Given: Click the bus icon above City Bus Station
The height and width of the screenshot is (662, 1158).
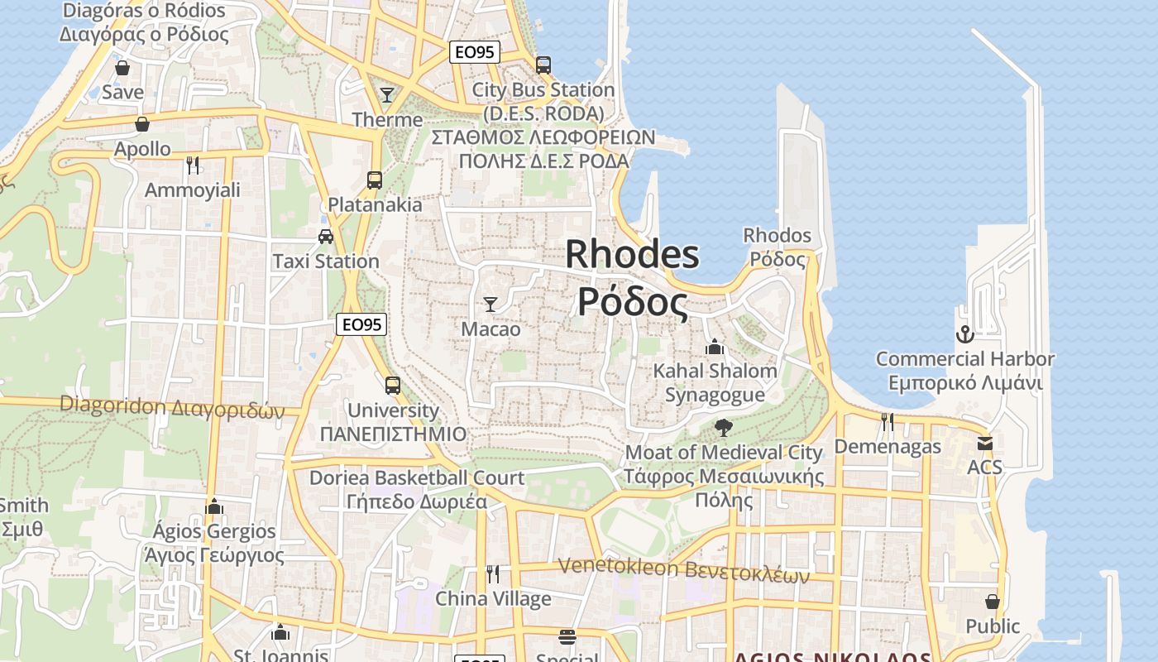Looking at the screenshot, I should point(543,65).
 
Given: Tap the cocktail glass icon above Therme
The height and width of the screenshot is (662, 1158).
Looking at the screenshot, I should point(386,94).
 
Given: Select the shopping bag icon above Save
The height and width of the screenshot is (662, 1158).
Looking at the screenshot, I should point(122,68).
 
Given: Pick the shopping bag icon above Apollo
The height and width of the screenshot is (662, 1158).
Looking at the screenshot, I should point(142,124).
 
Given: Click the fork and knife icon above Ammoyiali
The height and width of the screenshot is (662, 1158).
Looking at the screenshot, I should point(193,165).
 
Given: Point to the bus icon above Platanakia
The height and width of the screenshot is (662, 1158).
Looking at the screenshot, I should point(375,180).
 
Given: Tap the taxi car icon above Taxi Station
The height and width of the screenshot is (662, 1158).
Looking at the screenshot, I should point(326,237).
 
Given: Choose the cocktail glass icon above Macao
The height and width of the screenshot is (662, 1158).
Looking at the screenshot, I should point(490,305).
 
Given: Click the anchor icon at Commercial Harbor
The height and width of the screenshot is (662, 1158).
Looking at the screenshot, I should point(964,334).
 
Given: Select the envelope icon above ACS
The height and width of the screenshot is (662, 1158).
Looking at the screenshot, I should point(984,444).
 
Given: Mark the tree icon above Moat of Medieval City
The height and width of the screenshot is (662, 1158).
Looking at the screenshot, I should point(724,428).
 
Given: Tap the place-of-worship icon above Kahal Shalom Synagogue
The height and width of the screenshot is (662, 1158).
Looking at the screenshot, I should point(715,347).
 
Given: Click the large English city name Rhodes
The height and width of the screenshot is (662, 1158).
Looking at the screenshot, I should point(632,254).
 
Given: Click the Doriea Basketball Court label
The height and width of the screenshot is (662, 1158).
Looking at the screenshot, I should point(416,477).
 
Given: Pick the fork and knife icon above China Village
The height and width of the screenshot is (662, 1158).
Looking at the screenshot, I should point(493,573).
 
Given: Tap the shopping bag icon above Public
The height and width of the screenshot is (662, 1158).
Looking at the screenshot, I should point(993,602).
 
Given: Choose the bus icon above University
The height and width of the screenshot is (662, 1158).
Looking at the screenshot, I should point(393,385).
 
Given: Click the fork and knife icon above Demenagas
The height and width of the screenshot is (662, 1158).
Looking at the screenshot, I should point(888,422).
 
